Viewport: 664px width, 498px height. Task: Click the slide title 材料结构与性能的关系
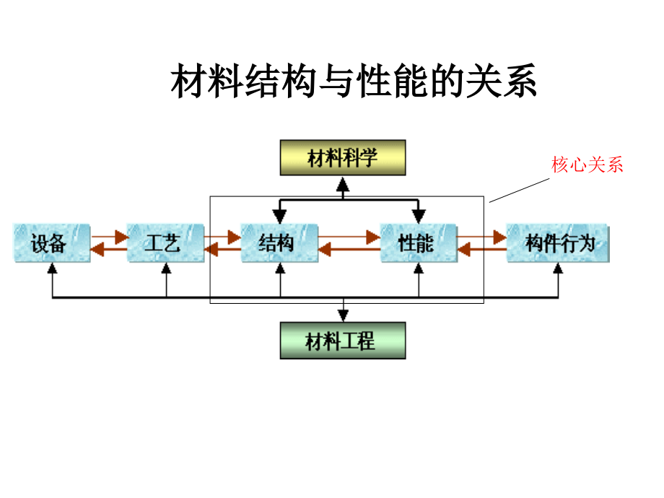354,82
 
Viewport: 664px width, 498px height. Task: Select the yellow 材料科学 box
343,158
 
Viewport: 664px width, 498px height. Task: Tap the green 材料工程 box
342,341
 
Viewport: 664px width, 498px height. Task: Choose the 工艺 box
165,243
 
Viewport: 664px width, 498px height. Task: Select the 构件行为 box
558,243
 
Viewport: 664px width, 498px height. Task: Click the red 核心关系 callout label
587,165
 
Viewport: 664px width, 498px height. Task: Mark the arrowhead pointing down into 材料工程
344,314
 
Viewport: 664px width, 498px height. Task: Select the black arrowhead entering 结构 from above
279,215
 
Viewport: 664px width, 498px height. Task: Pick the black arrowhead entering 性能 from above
419,215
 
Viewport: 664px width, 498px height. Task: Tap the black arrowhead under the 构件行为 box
558,268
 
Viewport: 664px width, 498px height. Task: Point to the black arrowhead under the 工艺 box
166,268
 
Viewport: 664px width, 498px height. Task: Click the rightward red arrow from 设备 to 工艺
110,236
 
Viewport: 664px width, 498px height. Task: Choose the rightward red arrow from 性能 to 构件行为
481,236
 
